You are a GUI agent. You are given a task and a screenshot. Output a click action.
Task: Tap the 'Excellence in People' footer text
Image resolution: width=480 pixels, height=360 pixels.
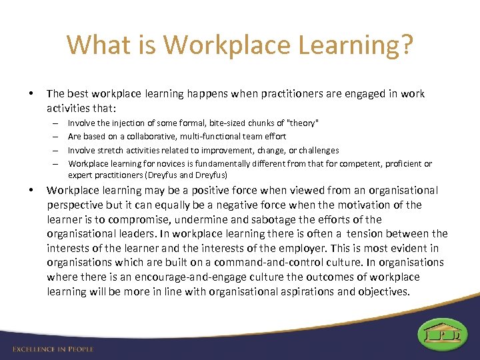click(53, 349)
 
